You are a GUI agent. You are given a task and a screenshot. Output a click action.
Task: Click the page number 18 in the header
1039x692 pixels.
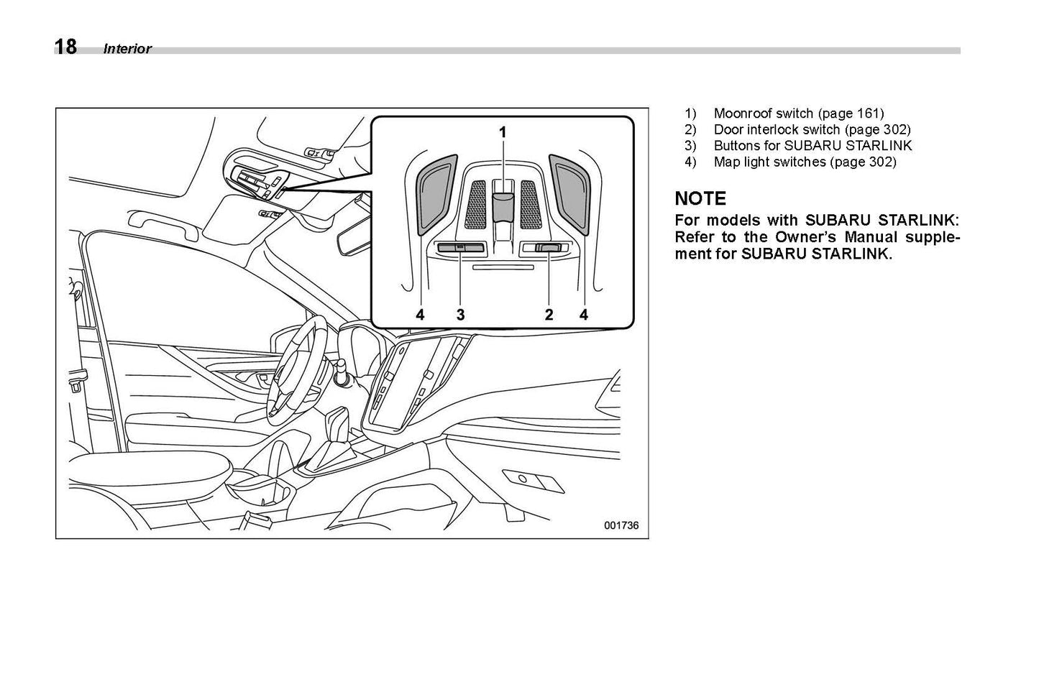(65, 47)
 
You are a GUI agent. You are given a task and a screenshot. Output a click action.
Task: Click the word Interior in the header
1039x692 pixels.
(127, 49)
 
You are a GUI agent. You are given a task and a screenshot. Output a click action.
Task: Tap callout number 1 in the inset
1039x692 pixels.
(503, 132)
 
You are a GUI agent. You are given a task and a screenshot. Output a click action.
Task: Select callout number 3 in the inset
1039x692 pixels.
(460, 314)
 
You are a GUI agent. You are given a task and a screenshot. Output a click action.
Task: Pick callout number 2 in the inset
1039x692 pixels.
(549, 314)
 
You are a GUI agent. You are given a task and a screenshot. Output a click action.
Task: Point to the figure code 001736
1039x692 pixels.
(621, 525)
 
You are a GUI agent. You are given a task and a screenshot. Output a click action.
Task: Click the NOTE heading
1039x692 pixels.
(700, 198)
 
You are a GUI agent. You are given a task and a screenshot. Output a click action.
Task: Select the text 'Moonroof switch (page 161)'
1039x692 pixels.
(798, 114)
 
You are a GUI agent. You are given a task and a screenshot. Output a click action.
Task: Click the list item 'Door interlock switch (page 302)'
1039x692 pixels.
(811, 130)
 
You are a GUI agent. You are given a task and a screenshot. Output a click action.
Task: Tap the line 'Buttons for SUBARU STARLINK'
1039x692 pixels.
(812, 146)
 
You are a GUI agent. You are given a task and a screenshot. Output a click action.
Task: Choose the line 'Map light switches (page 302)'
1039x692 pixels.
(804, 162)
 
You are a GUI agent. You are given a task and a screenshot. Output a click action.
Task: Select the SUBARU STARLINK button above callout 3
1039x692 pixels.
(460, 248)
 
